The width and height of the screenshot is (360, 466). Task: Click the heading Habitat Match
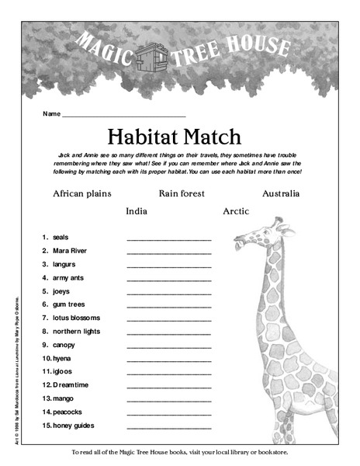click(181, 137)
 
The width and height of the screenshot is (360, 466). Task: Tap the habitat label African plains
click(81, 193)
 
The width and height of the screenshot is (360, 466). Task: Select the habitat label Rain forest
click(182, 193)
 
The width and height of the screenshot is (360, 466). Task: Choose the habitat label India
click(137, 210)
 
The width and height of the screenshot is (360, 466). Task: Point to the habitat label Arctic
click(235, 210)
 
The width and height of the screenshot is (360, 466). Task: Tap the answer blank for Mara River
click(168, 253)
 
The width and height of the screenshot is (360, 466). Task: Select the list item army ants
click(71, 277)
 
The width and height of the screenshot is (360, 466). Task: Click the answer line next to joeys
click(168, 293)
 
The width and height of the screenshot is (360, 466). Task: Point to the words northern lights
click(77, 331)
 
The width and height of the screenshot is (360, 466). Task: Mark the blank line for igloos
click(168, 374)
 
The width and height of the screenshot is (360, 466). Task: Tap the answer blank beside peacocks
click(168, 414)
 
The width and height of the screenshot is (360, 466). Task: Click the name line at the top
click(123, 114)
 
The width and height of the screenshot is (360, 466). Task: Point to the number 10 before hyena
click(47, 358)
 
